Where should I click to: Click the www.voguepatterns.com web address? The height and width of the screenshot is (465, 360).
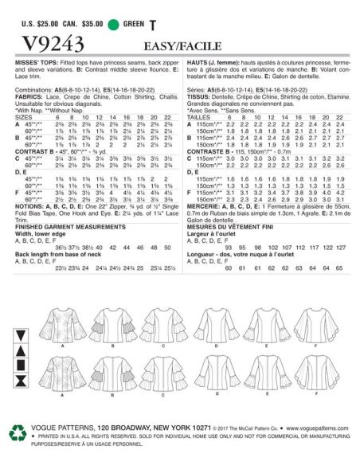pos(306,436)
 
